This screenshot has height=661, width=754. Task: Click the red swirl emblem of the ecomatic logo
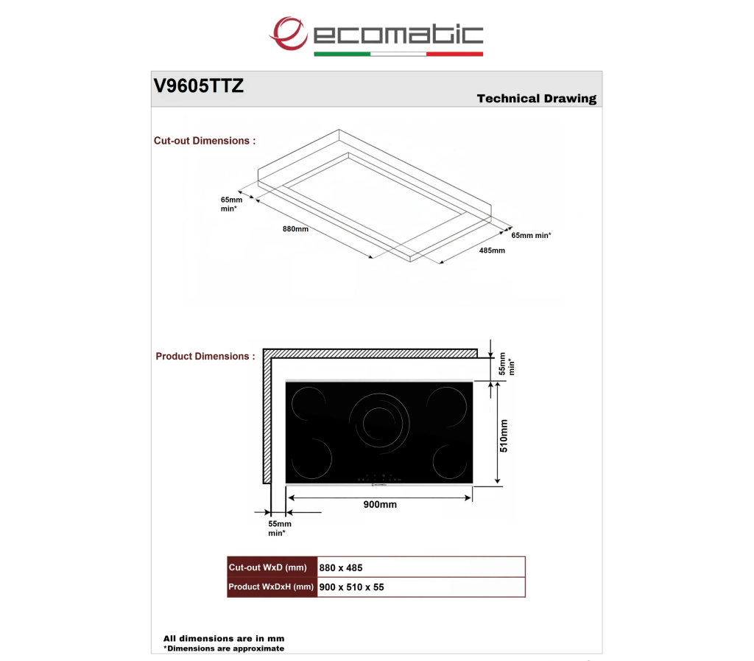pos(288,33)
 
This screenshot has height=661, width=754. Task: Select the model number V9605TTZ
pos(199,86)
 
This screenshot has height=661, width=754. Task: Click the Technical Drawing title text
pos(537,99)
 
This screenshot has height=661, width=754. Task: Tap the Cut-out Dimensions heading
pos(205,141)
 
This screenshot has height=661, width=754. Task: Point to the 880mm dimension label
pos(295,229)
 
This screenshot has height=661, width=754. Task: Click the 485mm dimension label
pos(492,250)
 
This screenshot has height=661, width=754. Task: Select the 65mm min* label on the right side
pos(531,235)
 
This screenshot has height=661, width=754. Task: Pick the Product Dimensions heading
pos(205,357)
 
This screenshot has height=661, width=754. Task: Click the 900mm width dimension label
pos(380,505)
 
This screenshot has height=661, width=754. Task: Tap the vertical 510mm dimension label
pos(504,436)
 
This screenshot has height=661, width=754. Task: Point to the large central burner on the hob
pos(379,424)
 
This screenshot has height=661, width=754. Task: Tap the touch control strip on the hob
pos(379,479)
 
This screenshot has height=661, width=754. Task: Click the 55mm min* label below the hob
pos(279,528)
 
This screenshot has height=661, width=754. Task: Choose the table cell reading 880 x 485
pos(341,567)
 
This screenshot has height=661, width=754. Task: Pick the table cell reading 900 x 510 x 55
pos(351,587)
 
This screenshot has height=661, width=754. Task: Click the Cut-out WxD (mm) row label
pos(268,567)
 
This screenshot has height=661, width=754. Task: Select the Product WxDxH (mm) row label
pos(271,587)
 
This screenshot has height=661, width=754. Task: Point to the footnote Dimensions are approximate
pos(224,648)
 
